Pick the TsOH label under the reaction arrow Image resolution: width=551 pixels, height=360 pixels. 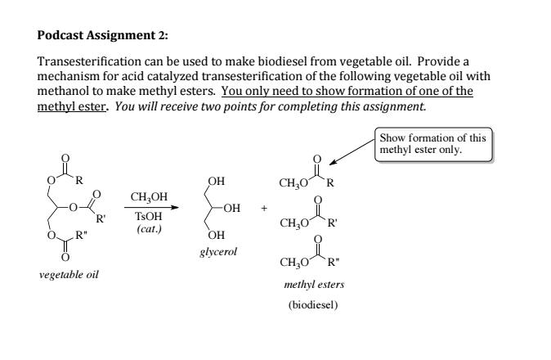point(148,218)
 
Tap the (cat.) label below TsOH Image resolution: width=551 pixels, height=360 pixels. point(148,231)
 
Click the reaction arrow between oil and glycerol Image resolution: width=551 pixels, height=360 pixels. point(150,208)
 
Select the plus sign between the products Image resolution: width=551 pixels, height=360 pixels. point(264,207)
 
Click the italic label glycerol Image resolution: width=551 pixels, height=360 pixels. point(217,252)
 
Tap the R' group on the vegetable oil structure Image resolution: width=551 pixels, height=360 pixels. point(100,217)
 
